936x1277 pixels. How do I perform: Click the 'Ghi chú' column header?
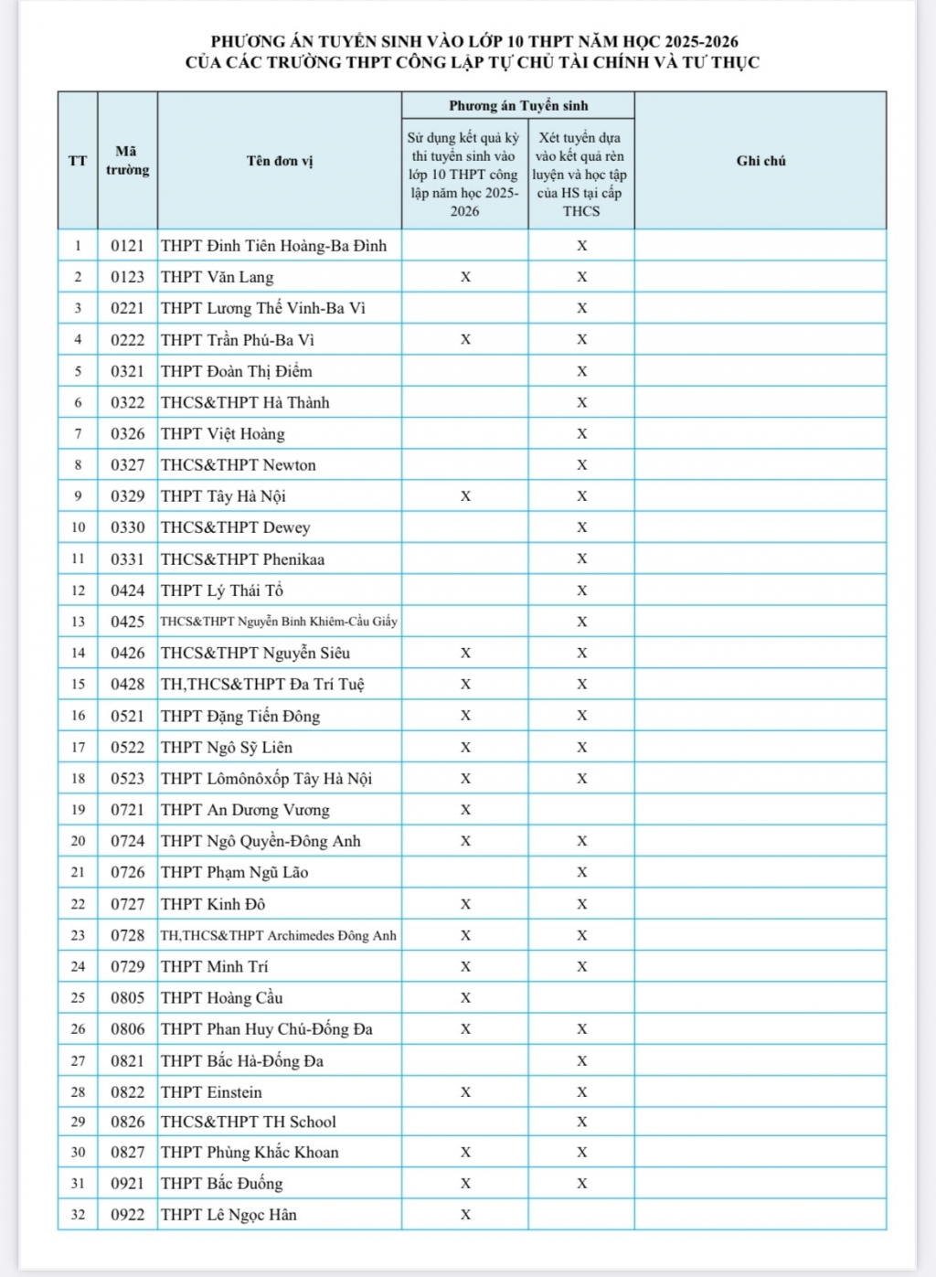click(x=760, y=161)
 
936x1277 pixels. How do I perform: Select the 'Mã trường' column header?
click(x=127, y=161)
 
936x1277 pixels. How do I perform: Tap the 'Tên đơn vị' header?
click(x=280, y=161)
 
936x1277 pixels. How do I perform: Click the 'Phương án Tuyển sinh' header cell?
click(x=518, y=106)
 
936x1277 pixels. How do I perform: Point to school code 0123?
click(x=127, y=277)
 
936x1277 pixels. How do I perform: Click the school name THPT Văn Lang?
click(x=218, y=277)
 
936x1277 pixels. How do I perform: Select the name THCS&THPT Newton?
click(x=239, y=465)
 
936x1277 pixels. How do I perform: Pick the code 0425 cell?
click(x=127, y=622)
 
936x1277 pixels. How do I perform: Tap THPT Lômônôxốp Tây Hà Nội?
click(x=267, y=779)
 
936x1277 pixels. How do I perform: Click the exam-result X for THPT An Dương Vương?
click(x=465, y=810)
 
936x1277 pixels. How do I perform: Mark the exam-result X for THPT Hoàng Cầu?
click(x=465, y=998)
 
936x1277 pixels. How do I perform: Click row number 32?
click(x=78, y=1215)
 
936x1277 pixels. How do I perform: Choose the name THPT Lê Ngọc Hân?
click(x=229, y=1215)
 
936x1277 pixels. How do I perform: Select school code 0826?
click(x=127, y=1122)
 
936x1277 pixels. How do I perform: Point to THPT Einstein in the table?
click(x=211, y=1092)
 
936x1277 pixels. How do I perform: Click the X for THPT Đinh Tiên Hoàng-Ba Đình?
click(x=581, y=246)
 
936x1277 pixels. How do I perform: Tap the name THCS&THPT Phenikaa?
click(x=243, y=559)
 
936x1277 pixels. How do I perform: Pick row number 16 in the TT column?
click(x=78, y=716)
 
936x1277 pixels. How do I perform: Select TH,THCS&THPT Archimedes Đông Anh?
click(x=279, y=935)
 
